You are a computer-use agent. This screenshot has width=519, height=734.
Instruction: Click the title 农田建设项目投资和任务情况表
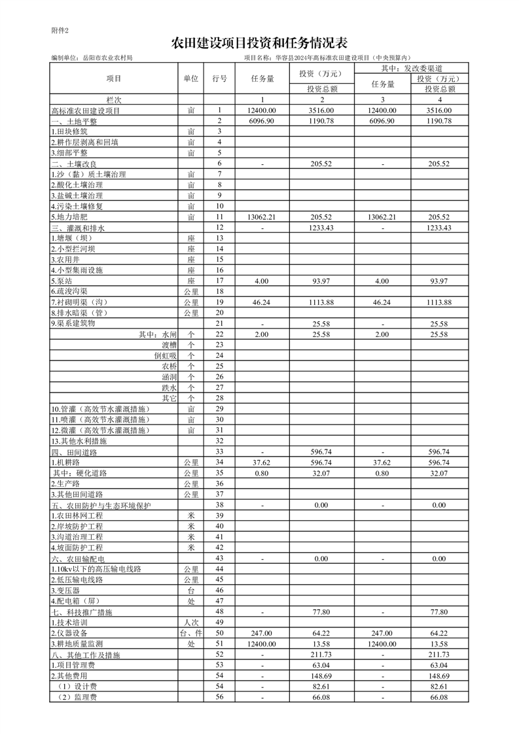click(259, 44)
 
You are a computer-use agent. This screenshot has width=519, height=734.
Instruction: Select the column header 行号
click(220, 79)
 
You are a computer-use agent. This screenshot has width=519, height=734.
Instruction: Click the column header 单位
click(190, 79)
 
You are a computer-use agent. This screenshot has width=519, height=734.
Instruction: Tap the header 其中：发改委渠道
click(412, 68)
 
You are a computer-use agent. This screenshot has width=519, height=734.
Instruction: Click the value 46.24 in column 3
click(382, 302)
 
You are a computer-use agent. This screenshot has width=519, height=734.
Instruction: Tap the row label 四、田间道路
click(74, 452)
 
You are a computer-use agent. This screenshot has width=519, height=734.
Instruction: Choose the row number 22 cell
click(220, 334)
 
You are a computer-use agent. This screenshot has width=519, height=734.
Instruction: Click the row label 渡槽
click(169, 345)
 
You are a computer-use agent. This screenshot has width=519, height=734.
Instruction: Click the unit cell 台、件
click(190, 633)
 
